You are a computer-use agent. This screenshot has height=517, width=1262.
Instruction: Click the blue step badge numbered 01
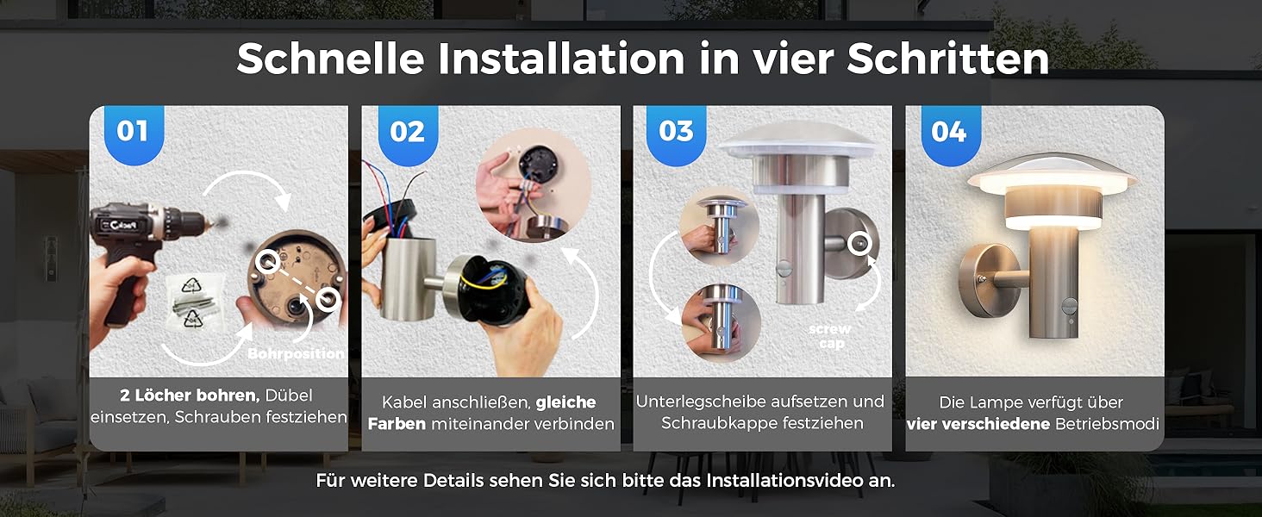(x=134, y=134)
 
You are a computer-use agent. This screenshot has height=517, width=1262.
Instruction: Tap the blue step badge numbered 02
(x=408, y=134)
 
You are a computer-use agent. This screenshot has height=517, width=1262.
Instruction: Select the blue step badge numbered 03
(x=676, y=134)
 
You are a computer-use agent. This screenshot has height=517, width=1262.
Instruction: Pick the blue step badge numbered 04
(x=950, y=134)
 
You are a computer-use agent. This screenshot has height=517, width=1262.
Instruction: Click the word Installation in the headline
(x=561, y=59)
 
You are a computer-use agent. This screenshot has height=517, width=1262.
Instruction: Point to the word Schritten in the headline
(x=947, y=59)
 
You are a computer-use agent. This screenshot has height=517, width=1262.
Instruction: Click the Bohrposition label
(x=296, y=353)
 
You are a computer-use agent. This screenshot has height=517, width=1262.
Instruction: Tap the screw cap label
(x=830, y=336)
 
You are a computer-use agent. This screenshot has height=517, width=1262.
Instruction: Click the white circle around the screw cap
(x=859, y=243)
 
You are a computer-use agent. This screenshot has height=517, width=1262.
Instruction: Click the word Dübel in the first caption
(x=289, y=396)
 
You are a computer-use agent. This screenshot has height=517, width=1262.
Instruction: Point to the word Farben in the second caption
(x=397, y=424)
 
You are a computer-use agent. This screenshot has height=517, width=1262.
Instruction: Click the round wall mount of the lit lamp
(x=990, y=280)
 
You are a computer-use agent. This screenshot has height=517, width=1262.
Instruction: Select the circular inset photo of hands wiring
(x=533, y=185)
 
